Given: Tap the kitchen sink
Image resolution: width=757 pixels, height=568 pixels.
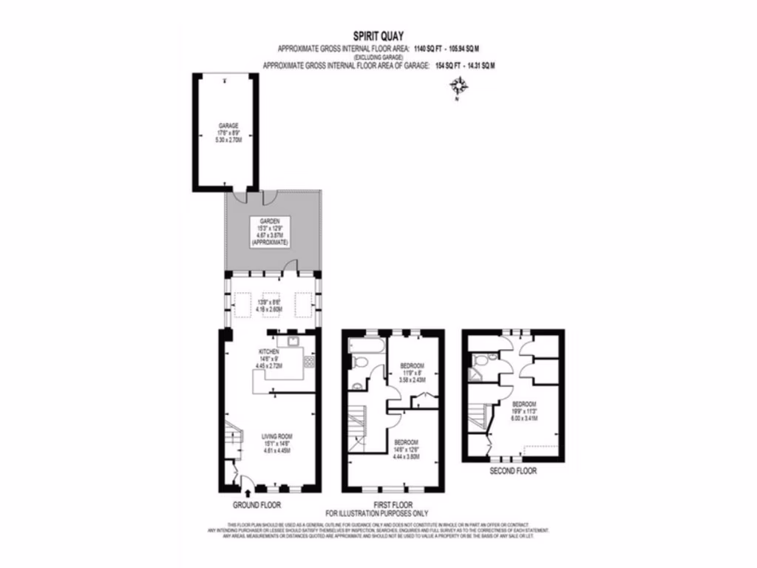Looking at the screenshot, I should pyautogui.click(x=293, y=342).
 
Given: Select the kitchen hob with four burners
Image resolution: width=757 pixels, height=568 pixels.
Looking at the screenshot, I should pyautogui.click(x=308, y=362).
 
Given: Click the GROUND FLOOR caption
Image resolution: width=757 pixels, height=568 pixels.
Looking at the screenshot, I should pyautogui.click(x=258, y=505).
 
